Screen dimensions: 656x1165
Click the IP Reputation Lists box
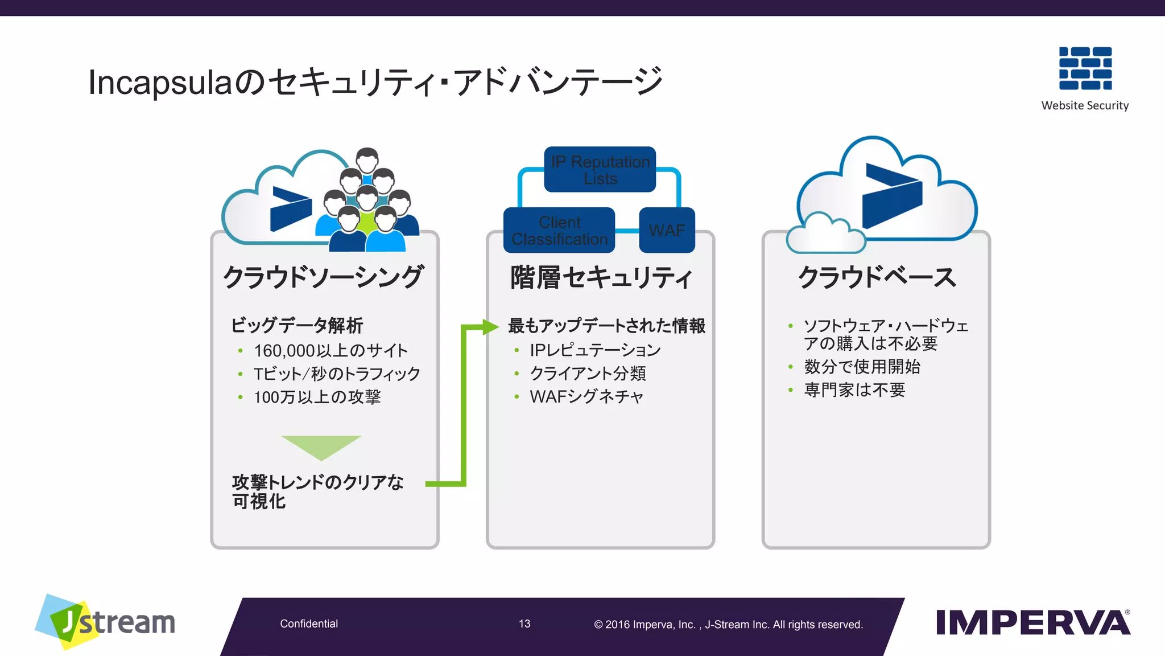click(600, 170)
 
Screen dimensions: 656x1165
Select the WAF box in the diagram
click(667, 230)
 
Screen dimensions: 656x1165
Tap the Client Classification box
click(559, 231)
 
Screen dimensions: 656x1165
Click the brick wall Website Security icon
click(1085, 68)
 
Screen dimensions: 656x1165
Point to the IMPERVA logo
click(1032, 622)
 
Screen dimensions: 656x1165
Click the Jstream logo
click(106, 622)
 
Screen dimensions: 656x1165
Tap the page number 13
click(524, 624)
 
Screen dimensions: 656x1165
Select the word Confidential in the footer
click(309, 624)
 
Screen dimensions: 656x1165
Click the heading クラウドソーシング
click(323, 277)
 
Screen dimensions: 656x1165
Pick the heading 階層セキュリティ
click(601, 277)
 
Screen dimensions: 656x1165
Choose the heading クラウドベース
click(877, 277)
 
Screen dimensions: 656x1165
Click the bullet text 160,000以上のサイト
click(331, 350)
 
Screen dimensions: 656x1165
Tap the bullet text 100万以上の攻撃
click(317, 397)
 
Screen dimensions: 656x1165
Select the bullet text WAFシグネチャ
click(586, 396)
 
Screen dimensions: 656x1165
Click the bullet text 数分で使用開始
click(862, 367)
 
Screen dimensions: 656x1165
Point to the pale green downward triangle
click(321, 446)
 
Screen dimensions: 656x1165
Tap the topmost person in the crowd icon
click(367, 160)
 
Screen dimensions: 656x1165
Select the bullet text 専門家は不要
click(854, 390)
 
